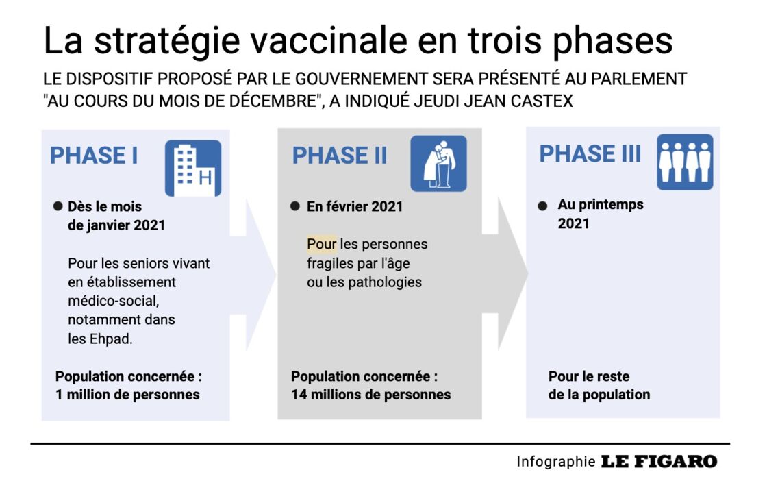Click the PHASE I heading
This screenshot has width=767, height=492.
pyautogui.click(x=93, y=156)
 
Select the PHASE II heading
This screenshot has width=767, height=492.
pyautogui.click(x=340, y=156)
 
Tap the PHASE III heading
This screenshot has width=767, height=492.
pyautogui.click(x=590, y=153)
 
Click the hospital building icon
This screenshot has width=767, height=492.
pyautogui.click(x=193, y=168)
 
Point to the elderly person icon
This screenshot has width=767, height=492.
pyautogui.click(x=438, y=164)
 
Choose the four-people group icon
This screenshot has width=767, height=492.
pyautogui.click(x=685, y=162)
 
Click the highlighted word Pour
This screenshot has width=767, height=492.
pyautogui.click(x=321, y=244)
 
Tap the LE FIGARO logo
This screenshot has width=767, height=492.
pyautogui.click(x=659, y=461)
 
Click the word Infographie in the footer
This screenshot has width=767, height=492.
pyautogui.click(x=555, y=462)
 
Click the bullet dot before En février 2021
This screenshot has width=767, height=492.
pyautogui.click(x=295, y=206)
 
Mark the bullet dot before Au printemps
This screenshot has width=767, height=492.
pyautogui.click(x=542, y=206)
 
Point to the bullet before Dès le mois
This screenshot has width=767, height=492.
pyautogui.click(x=58, y=206)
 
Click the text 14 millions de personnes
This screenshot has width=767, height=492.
pyautogui.click(x=370, y=395)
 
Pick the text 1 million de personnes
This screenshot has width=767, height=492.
pyautogui.click(x=127, y=395)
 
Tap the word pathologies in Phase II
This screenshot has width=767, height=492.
pyautogui.click(x=385, y=282)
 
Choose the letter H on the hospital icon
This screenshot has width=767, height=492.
pyautogui.click(x=205, y=177)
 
